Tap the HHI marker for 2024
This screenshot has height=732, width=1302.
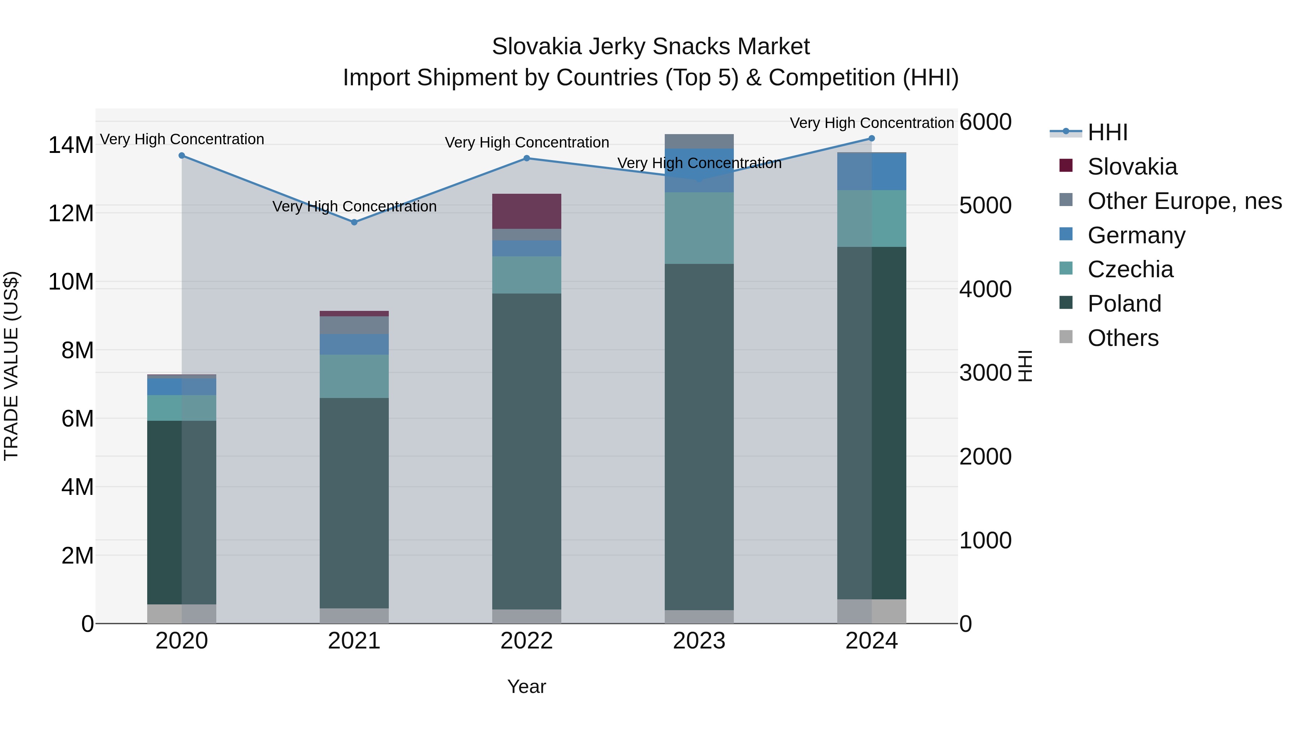(871, 138)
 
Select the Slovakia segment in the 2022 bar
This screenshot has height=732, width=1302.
(527, 211)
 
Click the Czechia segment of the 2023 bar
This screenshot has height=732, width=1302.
(699, 228)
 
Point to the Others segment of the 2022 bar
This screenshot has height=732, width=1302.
(527, 616)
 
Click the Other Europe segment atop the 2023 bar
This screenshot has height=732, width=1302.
(699, 141)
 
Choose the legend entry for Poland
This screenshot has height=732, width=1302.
(1124, 304)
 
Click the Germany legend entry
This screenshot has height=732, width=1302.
(1136, 235)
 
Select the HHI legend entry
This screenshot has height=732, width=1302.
(1107, 132)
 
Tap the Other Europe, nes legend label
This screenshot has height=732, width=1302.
(1184, 201)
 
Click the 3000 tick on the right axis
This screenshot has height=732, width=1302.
(985, 373)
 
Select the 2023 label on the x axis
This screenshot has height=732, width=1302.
(699, 641)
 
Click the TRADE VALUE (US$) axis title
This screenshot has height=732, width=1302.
(11, 366)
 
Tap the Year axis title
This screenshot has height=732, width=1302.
(526, 686)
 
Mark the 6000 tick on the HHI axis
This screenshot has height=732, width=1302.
(985, 122)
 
